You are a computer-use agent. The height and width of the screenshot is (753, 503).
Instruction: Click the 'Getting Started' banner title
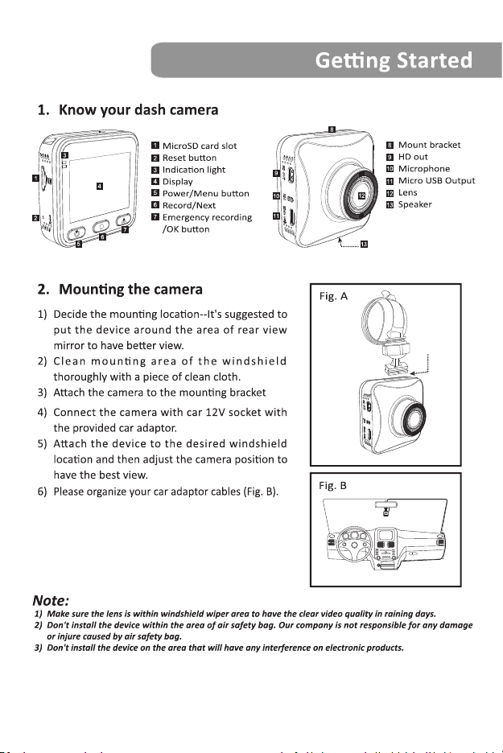[394, 61]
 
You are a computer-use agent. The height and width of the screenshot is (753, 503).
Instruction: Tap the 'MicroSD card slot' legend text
[200, 146]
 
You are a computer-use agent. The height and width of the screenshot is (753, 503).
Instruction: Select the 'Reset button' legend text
[189, 158]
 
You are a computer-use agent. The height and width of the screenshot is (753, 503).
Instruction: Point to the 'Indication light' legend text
[194, 170]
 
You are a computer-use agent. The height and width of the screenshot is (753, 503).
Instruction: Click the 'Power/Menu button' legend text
[205, 194]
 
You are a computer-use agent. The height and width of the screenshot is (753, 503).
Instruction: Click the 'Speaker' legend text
[415, 204]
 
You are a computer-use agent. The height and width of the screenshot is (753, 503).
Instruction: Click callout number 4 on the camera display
[99, 187]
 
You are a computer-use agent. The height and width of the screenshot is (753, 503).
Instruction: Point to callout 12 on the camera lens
[362, 195]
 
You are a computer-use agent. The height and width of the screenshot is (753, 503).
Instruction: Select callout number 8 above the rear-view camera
[332, 130]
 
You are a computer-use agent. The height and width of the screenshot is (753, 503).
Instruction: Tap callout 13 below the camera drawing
[364, 245]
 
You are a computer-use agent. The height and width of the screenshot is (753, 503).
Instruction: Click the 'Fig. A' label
[333, 296]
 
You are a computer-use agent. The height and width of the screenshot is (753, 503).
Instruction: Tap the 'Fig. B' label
[333, 486]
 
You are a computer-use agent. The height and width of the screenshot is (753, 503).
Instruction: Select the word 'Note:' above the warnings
[51, 600]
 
